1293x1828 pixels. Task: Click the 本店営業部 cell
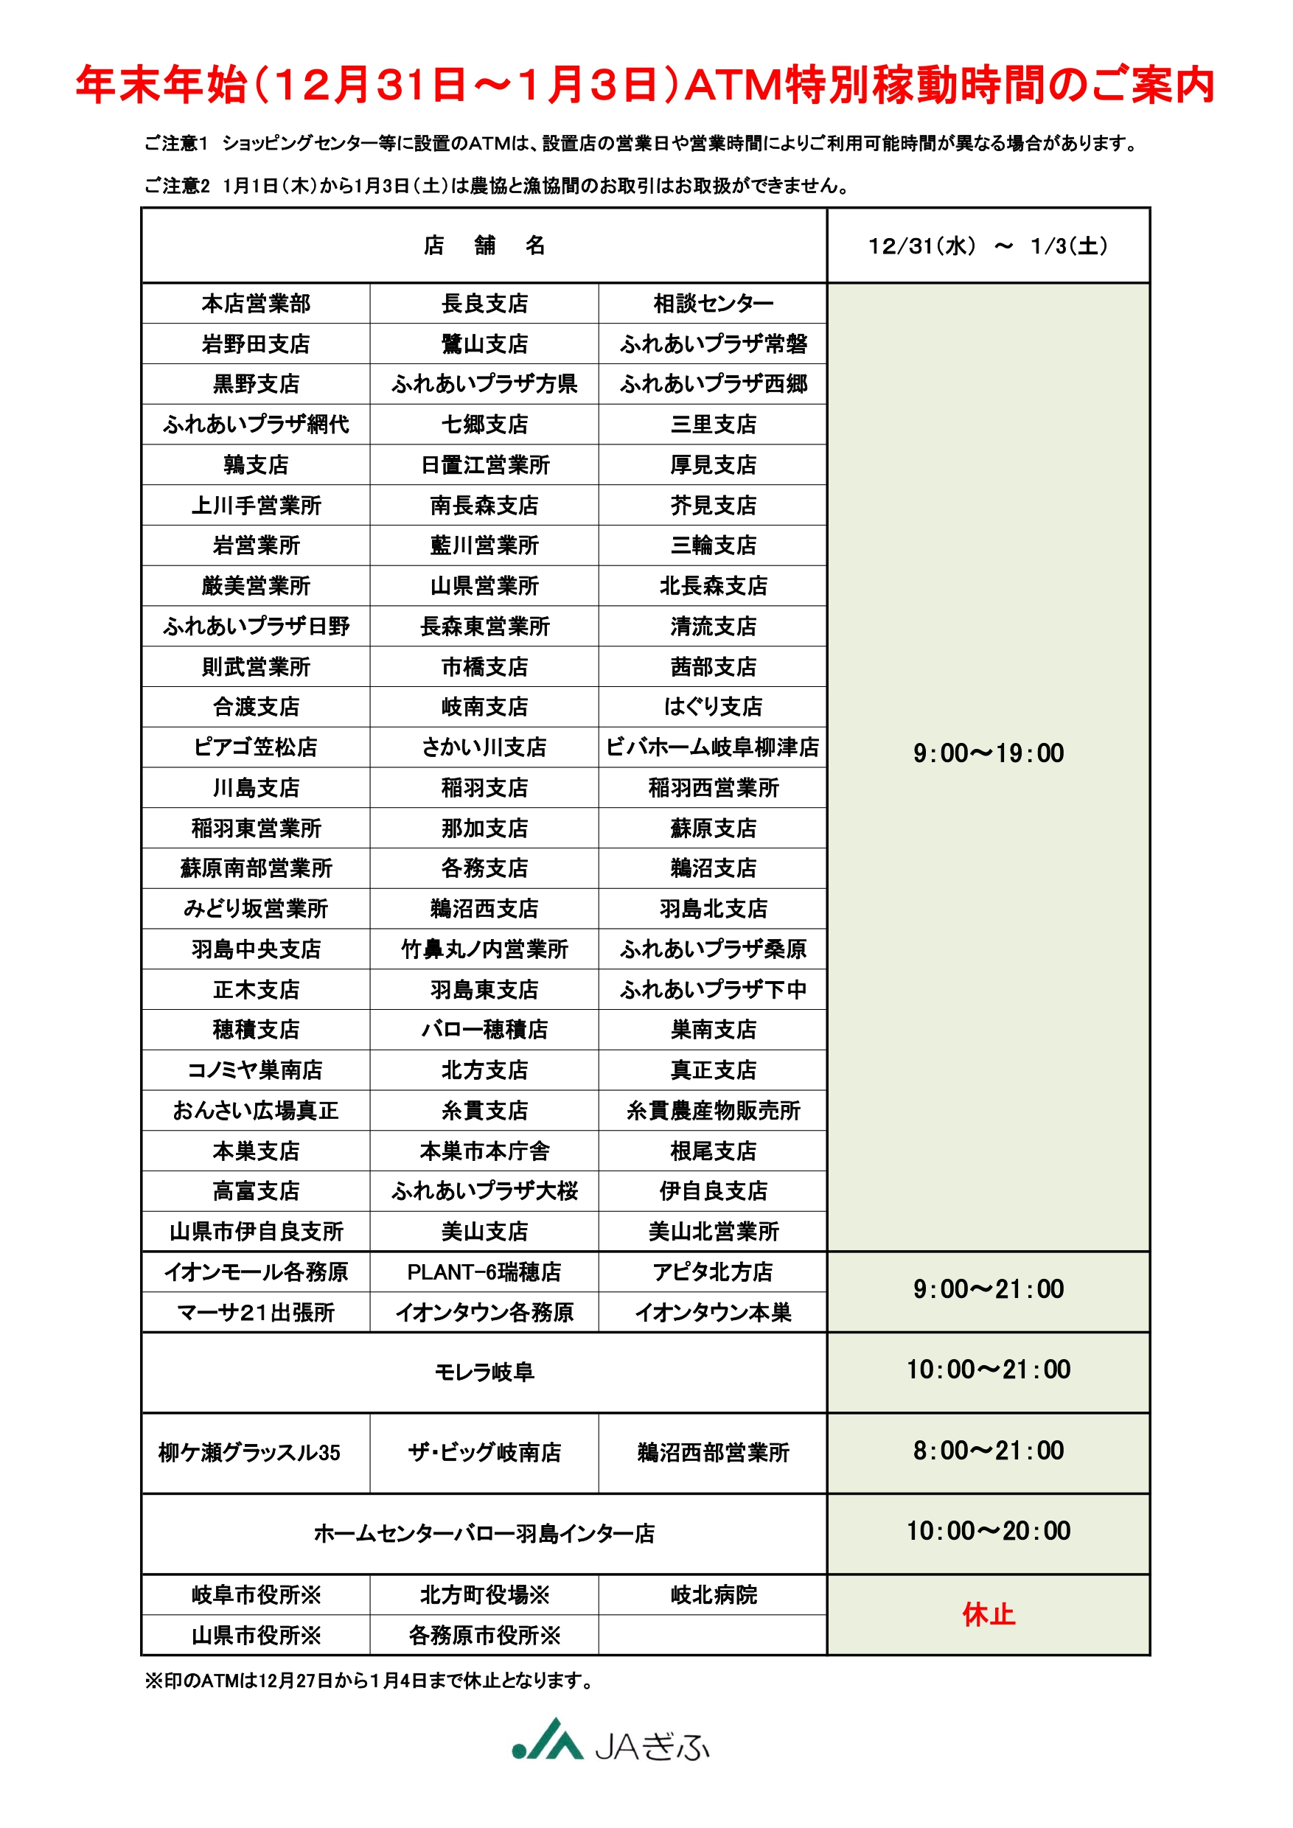coord(256,304)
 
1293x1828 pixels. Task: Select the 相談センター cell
coord(713,304)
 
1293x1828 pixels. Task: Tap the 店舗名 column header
coord(484,245)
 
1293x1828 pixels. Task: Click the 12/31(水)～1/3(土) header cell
coord(988,246)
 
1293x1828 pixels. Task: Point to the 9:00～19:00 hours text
coord(988,753)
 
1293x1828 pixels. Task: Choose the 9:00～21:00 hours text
coord(988,1289)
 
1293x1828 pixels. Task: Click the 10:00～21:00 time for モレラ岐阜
coord(988,1370)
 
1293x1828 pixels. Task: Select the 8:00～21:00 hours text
coord(988,1451)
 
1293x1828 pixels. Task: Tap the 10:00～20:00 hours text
coord(988,1531)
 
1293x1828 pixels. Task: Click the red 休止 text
coord(988,1615)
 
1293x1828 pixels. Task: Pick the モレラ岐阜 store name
coord(484,1372)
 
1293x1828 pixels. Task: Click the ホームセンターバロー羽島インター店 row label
coord(484,1533)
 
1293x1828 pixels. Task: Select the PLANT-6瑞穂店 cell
coord(484,1272)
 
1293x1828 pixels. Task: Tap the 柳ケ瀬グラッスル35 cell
coord(249,1453)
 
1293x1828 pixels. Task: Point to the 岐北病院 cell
coord(713,1595)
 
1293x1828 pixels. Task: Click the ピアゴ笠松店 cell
coord(256,747)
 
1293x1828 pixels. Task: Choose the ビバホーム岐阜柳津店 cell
coord(713,747)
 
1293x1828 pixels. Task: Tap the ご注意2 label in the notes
coord(177,186)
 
